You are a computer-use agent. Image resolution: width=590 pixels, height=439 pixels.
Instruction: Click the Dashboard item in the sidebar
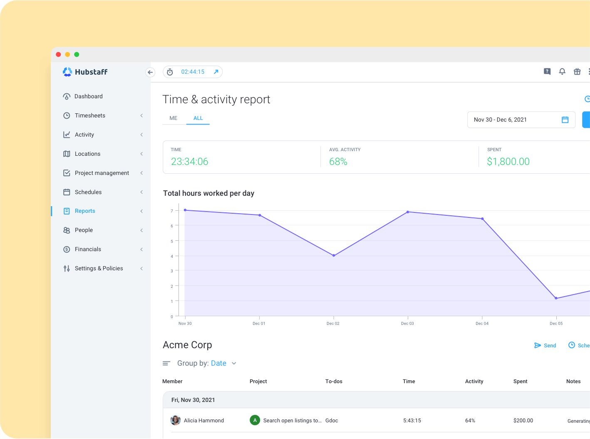pyautogui.click(x=88, y=96)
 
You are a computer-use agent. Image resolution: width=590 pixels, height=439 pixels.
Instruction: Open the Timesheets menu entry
pyautogui.click(x=90, y=115)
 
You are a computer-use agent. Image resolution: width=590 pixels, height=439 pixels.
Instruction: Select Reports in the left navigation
pyautogui.click(x=85, y=211)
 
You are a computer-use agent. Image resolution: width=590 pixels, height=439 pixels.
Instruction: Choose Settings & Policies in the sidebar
pyautogui.click(x=99, y=268)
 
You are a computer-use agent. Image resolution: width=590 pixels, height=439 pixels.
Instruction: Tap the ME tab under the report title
pyautogui.click(x=174, y=118)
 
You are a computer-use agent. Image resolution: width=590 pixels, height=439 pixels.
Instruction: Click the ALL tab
pyautogui.click(x=198, y=118)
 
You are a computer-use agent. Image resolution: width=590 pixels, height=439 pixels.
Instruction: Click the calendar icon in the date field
pyautogui.click(x=565, y=120)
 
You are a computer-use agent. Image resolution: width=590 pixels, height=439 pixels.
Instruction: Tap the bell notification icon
pyautogui.click(x=562, y=72)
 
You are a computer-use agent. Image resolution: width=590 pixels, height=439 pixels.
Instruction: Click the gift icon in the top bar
pyautogui.click(x=577, y=72)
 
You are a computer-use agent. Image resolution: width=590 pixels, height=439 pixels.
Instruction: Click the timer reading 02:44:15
pyautogui.click(x=193, y=72)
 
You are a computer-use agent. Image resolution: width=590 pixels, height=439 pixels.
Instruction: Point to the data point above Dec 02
pyautogui.click(x=334, y=255)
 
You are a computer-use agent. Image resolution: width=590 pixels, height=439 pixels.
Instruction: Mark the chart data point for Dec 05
pyautogui.click(x=556, y=298)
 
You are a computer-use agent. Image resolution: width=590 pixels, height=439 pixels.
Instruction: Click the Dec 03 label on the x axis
pyautogui.click(x=407, y=324)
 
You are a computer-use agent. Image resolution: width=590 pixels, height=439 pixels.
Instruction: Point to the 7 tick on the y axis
pyautogui.click(x=172, y=211)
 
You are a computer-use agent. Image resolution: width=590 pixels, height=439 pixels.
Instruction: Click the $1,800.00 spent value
pyautogui.click(x=508, y=162)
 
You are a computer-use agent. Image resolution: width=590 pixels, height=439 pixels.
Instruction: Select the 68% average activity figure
pyautogui.click(x=338, y=162)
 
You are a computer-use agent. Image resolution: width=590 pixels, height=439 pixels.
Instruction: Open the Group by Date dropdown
pyautogui.click(x=223, y=363)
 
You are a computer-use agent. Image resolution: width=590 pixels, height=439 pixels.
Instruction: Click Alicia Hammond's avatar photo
pyautogui.click(x=176, y=420)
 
